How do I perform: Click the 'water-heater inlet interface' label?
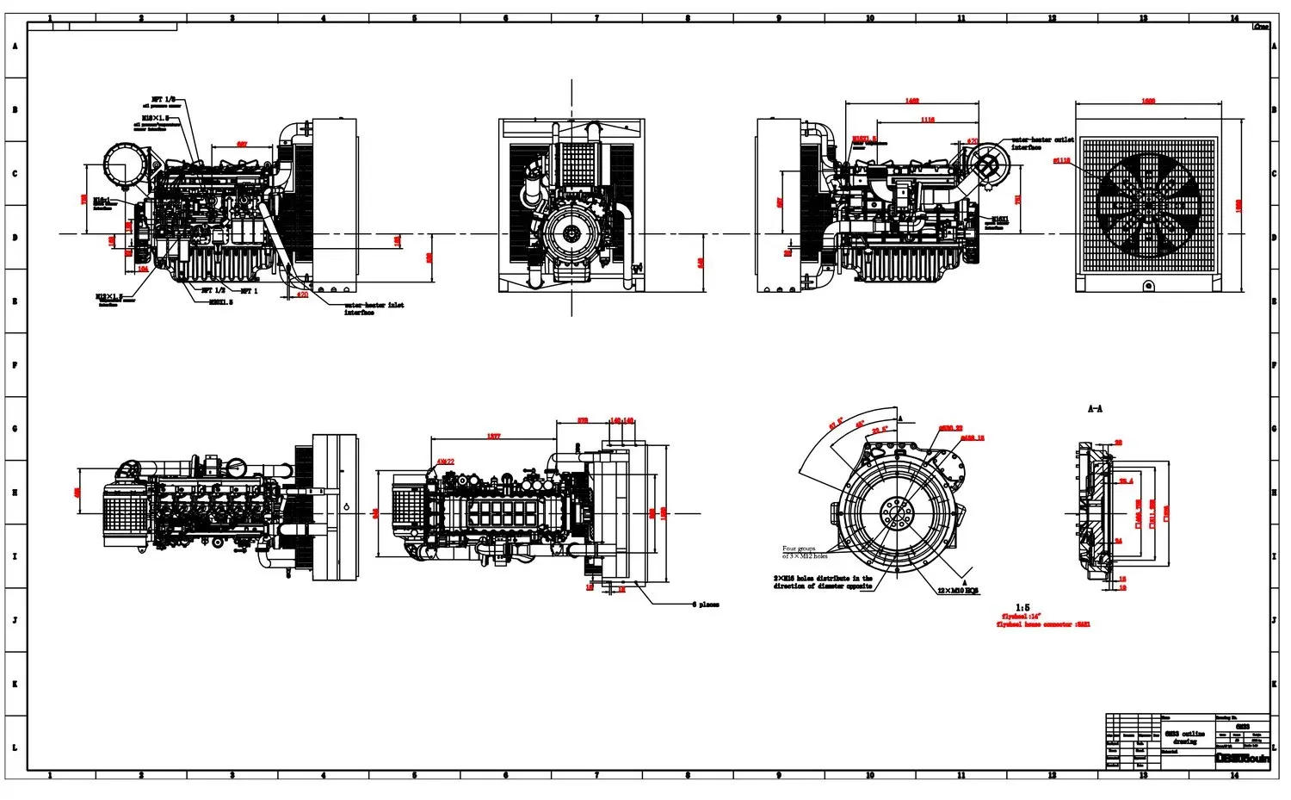(x=374, y=308)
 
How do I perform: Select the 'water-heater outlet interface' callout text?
(x=1041, y=143)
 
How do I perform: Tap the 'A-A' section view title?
(x=1095, y=409)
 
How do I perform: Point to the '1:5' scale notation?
(x=1022, y=607)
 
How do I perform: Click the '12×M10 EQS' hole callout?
(x=958, y=591)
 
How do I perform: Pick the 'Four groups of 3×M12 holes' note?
(x=804, y=552)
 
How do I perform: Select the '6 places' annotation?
(x=705, y=605)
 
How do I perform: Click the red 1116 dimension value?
(x=927, y=120)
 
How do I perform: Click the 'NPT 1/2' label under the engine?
(x=213, y=291)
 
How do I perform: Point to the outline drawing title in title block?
(x=1184, y=737)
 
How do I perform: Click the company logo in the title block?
(x=1242, y=759)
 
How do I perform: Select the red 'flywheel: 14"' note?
(x=1022, y=617)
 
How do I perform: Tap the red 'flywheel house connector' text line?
(x=1042, y=624)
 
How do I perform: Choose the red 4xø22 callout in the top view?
(x=445, y=462)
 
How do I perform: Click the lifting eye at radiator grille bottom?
(x=1148, y=285)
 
